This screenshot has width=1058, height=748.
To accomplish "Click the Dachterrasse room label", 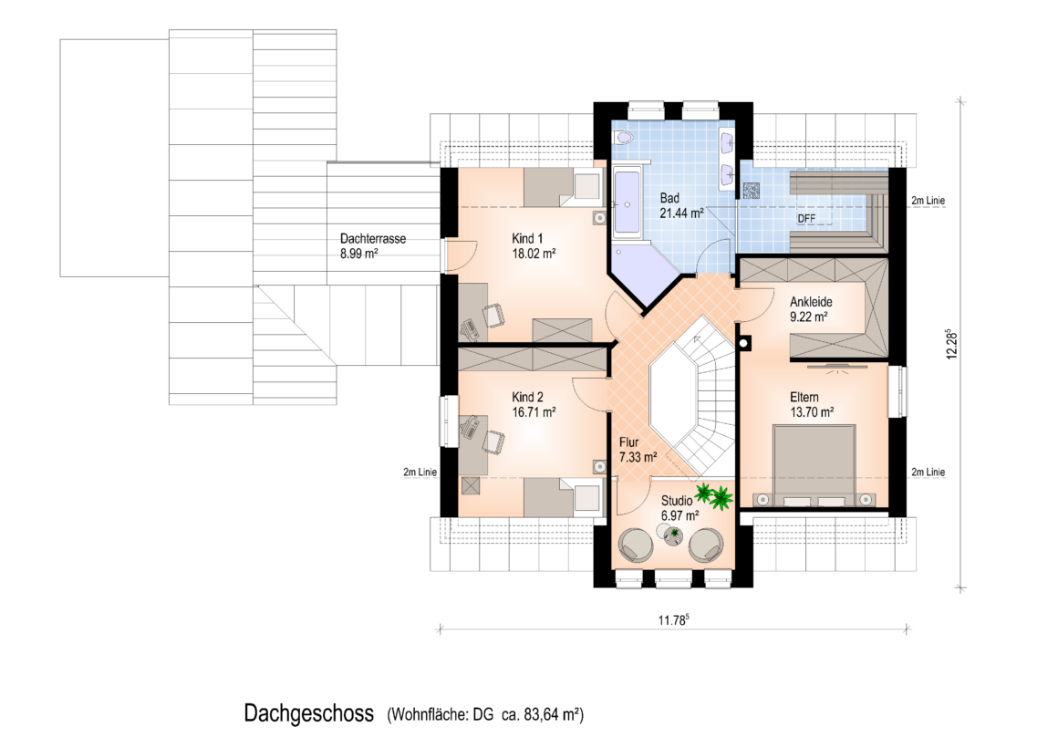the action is pyautogui.click(x=372, y=238).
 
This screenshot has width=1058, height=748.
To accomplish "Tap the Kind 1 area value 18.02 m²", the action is pyautogui.click(x=534, y=254).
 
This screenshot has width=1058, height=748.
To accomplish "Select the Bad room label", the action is pyautogui.click(x=669, y=198).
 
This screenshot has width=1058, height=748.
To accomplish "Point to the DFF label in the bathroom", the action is pyautogui.click(x=806, y=219).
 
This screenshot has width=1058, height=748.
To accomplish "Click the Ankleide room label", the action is pyautogui.click(x=811, y=302).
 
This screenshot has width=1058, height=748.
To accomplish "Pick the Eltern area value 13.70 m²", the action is pyautogui.click(x=812, y=411).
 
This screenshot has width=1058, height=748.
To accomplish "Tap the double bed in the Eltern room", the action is pyautogui.click(x=814, y=465).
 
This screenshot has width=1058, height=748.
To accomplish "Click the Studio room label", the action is pyautogui.click(x=676, y=501).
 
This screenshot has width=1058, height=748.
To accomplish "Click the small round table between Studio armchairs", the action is pyautogui.click(x=673, y=536).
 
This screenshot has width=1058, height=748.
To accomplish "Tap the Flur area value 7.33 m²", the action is pyautogui.click(x=638, y=457).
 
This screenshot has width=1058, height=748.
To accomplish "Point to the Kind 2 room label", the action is pyautogui.click(x=527, y=397).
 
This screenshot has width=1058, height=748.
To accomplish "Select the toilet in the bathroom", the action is pyautogui.click(x=623, y=138).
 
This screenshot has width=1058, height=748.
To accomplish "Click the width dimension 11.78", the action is pyautogui.click(x=673, y=619).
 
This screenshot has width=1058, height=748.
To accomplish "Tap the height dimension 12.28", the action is pyautogui.click(x=952, y=344).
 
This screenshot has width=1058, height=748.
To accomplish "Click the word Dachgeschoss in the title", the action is pyautogui.click(x=309, y=713).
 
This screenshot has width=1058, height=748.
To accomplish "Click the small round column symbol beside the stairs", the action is pyautogui.click(x=743, y=343).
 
